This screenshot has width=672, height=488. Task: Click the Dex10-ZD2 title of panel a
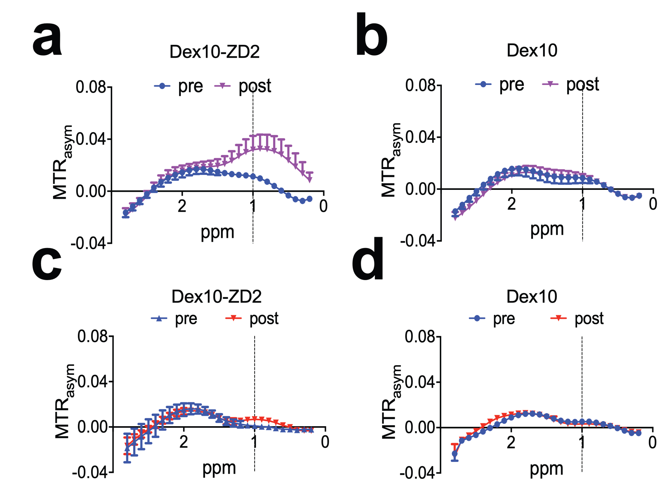(215, 52)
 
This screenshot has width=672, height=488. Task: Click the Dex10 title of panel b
(532, 50)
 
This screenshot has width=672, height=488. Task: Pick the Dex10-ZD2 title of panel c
(217, 296)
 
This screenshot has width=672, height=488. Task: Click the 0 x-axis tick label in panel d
(652, 443)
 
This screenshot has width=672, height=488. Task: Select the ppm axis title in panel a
(217, 232)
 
